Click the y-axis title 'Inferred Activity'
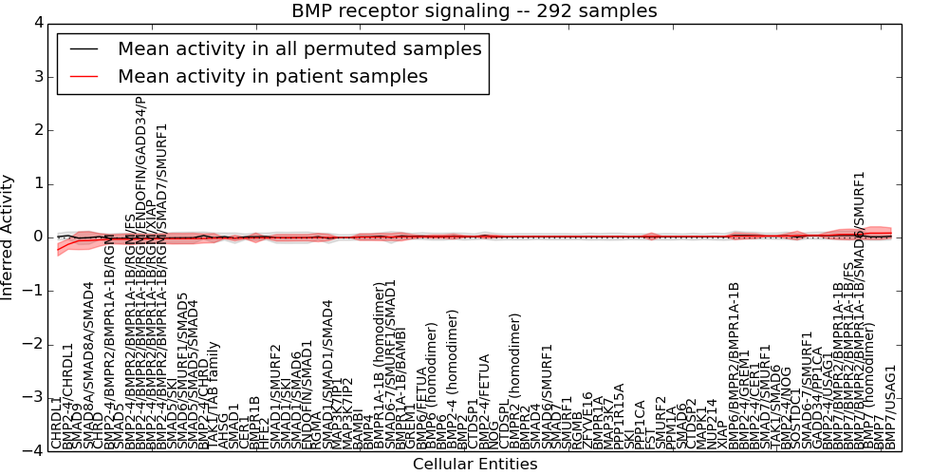pos(9,237)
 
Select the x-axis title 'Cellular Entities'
pos(474,465)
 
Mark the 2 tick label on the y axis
pos(37,129)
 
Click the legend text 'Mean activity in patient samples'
pos(272,76)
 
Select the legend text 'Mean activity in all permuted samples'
pos(299,49)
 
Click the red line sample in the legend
pos(84,76)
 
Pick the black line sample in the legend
pos(84,49)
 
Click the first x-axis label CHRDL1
pos(57,423)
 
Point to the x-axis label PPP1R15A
pos(620,415)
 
